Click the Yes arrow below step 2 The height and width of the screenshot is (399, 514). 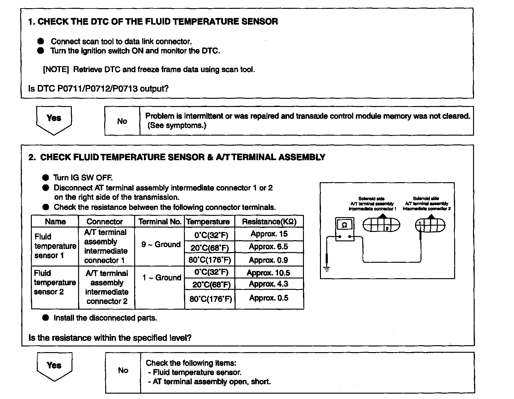click(x=54, y=366)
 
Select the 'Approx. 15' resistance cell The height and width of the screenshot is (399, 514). click(x=269, y=234)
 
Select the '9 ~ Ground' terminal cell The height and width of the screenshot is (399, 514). click(x=161, y=244)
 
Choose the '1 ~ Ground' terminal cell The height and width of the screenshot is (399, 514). click(x=162, y=278)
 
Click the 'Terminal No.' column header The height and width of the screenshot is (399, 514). click(x=160, y=222)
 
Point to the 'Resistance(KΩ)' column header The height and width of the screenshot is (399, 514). click(x=269, y=222)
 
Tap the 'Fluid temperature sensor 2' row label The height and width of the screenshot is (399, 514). click(x=55, y=283)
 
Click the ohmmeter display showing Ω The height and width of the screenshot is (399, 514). click(x=344, y=225)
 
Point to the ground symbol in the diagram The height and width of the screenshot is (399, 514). click(x=327, y=269)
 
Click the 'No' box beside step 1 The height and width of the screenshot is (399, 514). click(x=122, y=121)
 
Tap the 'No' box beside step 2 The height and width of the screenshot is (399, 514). click(x=123, y=370)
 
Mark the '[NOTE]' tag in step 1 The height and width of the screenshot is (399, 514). click(x=56, y=70)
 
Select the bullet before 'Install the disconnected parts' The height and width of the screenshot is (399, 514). click(x=46, y=318)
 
